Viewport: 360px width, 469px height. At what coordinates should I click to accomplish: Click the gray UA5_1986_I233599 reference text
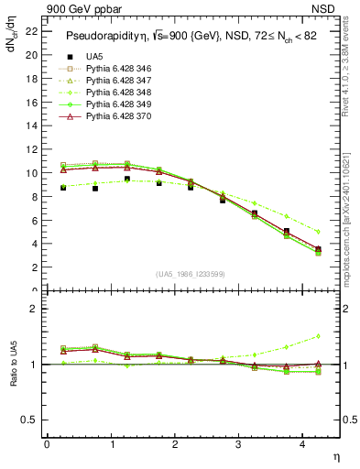[x=191, y=274]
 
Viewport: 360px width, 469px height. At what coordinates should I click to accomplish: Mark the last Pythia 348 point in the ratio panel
[x=318, y=336]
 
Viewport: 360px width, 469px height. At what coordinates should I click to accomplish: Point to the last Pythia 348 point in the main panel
[x=318, y=232]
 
